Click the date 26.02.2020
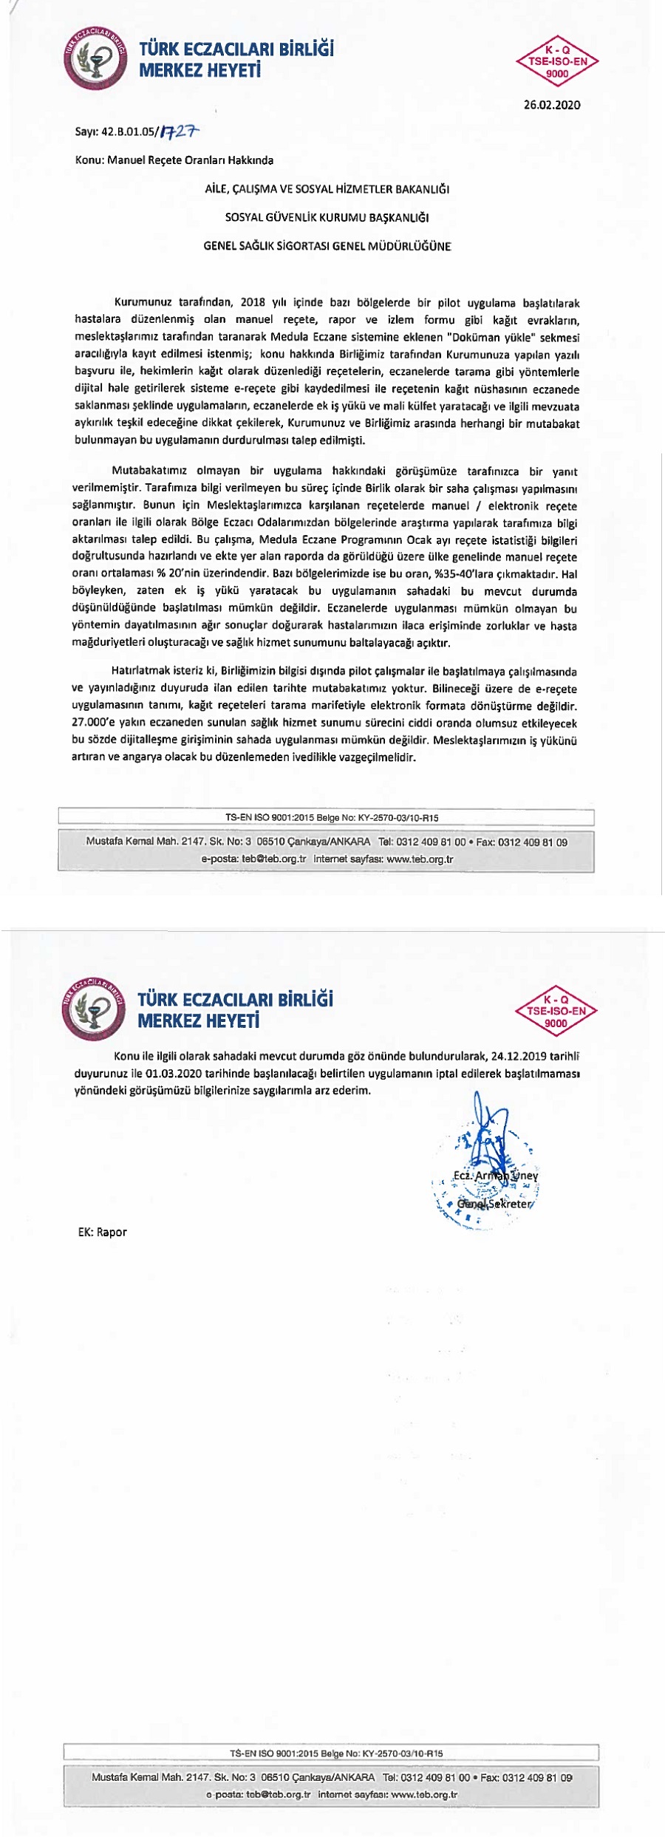coord(552,105)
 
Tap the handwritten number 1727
coord(180,132)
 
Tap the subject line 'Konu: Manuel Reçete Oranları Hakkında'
coord(174,160)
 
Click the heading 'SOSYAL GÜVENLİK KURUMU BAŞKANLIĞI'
coord(327,217)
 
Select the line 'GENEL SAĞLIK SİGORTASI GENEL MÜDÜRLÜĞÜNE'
coord(327,246)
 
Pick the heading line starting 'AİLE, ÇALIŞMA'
coord(327,189)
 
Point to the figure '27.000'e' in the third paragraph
coord(95,723)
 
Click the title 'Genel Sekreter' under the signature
coord(494,1203)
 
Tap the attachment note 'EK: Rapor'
coord(103,1232)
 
